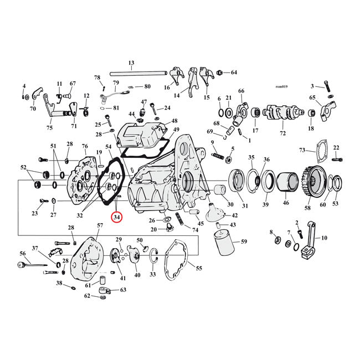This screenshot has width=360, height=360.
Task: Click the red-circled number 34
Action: pyautogui.click(x=117, y=218)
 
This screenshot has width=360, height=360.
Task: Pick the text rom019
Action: pyautogui.click(x=282, y=86)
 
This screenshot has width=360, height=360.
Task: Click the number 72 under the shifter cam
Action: pyautogui.click(x=284, y=134)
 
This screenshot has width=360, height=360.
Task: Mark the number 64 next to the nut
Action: pyautogui.click(x=234, y=73)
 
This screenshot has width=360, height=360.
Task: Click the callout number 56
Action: pyautogui.click(x=23, y=253)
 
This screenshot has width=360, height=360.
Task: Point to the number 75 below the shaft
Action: pyautogui.click(x=49, y=127)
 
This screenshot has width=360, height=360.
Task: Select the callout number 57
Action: pyautogui.click(x=100, y=225)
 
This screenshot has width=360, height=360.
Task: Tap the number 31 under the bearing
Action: pyautogui.click(x=245, y=207)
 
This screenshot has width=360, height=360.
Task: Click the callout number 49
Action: pyautogui.click(x=176, y=130)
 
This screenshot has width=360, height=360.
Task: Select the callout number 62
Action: pyautogui.click(x=88, y=296)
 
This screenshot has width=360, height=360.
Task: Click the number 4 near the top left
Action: pyautogui.click(x=24, y=86)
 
